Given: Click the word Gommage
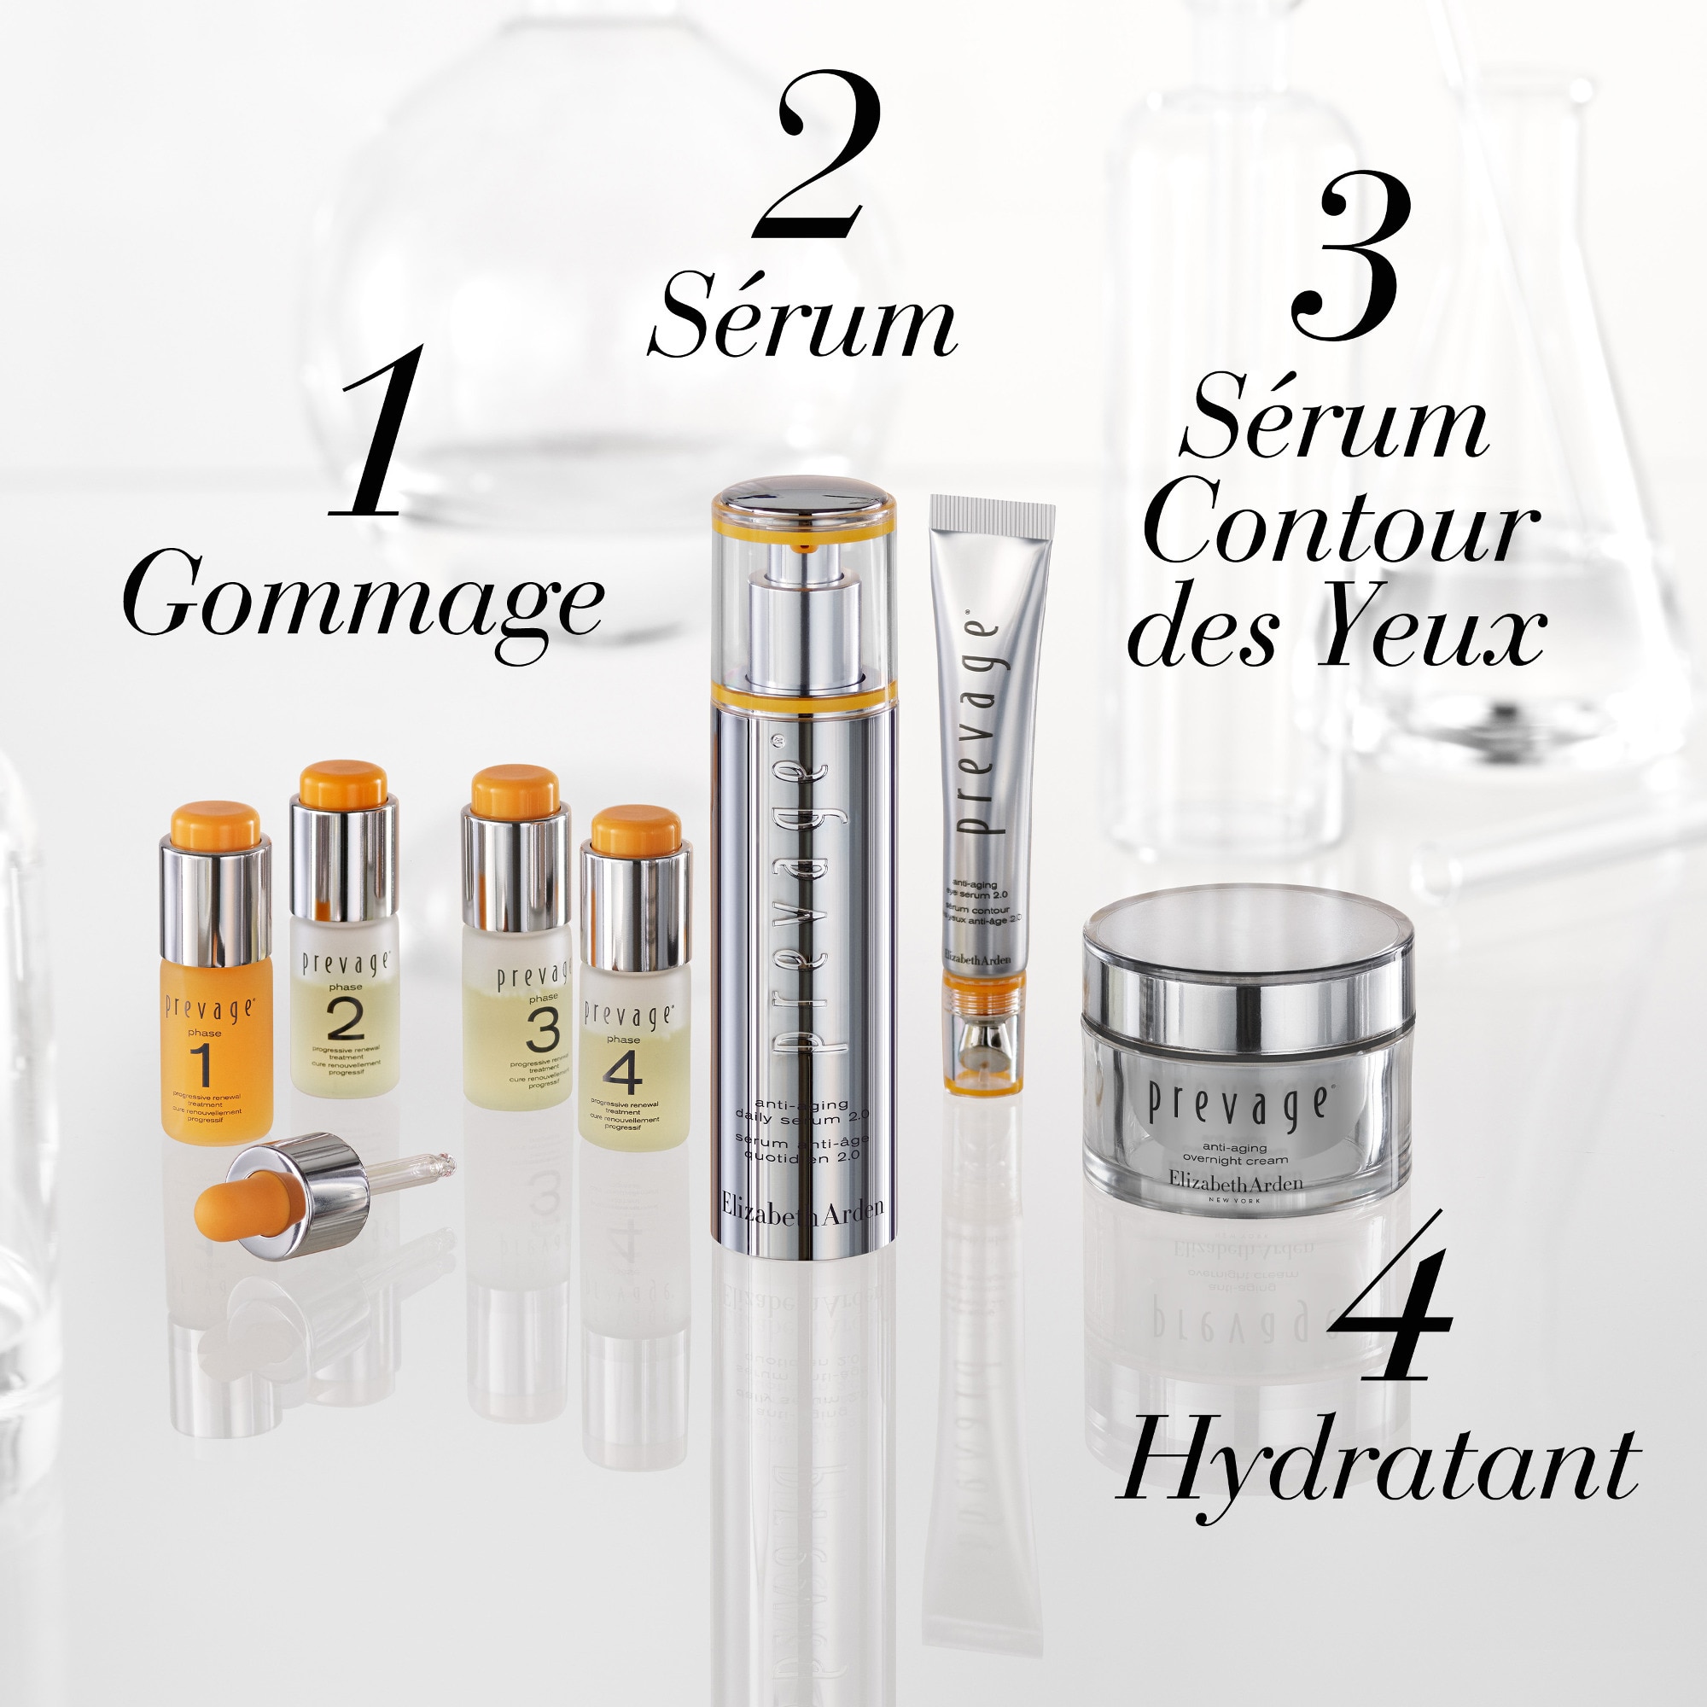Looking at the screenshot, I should [x=362, y=597].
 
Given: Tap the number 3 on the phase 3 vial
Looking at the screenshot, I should [x=542, y=1029].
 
